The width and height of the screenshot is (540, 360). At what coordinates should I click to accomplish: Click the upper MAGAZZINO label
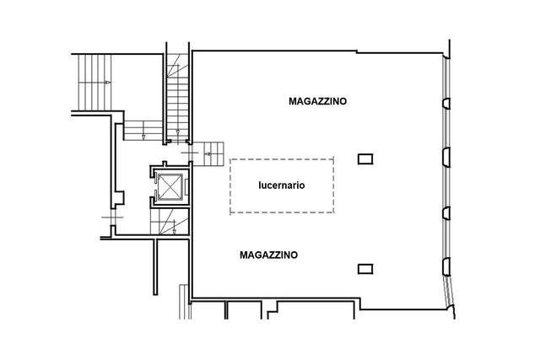coord(317,101)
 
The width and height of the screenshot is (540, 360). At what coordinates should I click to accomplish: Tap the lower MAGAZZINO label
coord(268,255)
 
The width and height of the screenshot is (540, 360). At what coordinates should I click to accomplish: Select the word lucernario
coord(282,185)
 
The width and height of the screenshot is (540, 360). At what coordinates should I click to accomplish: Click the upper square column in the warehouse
coord(365,159)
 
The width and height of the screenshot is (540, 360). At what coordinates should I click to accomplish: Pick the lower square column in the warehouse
coord(365,269)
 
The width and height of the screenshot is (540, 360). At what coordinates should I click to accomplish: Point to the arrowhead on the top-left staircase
coord(108,83)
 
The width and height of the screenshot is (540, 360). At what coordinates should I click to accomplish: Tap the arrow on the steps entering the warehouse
coord(208,153)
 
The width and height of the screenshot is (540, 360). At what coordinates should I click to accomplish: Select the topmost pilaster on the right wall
coord(446,104)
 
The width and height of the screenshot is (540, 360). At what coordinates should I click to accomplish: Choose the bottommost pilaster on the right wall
coord(446,266)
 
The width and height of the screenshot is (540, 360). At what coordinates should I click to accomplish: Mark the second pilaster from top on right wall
coord(446,158)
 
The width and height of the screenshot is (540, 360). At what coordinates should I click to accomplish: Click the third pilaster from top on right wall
coord(446,213)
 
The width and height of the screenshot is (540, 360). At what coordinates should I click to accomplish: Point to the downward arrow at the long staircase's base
coord(178,132)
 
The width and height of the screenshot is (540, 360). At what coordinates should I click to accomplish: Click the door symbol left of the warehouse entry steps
coord(190,153)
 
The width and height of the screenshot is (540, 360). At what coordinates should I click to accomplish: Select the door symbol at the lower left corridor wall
coord(112,218)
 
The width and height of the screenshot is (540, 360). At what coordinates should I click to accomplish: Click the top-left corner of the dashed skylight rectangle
coord(230,159)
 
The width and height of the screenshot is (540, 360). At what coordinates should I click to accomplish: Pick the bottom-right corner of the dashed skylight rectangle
coord(333,212)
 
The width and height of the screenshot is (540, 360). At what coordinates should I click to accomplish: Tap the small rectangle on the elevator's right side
coord(186,187)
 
